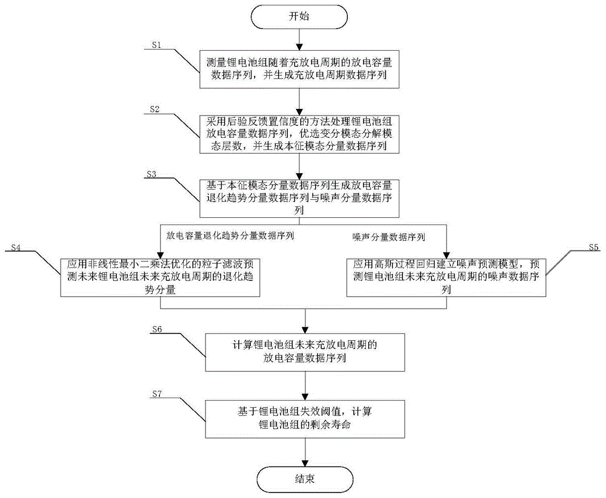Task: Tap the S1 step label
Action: [x=159, y=45]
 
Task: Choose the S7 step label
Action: [x=159, y=394]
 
